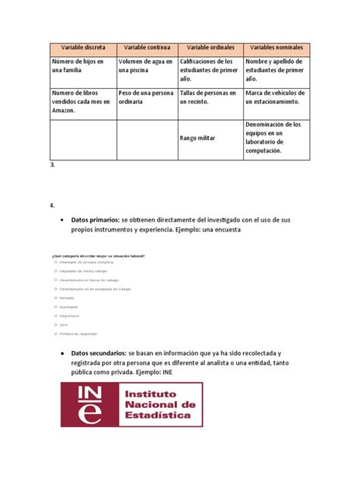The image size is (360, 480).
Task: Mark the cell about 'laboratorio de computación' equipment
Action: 275,137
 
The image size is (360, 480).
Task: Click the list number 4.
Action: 51,205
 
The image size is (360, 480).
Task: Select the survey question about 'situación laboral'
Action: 99,256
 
